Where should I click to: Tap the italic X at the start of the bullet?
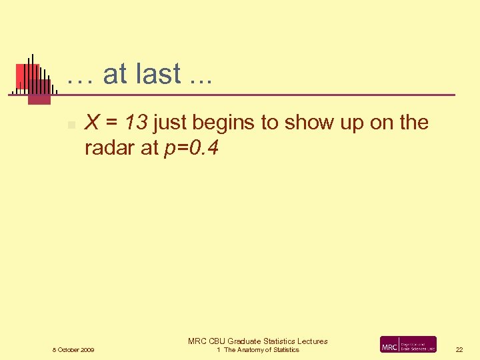[x=93, y=123]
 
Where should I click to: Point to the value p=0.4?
[x=191, y=149]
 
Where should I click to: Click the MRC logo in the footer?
[x=408, y=344]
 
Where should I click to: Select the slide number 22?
[x=459, y=350]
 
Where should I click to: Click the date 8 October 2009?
[x=73, y=350]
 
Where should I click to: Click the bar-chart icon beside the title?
[x=31, y=79]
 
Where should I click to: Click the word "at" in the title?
[x=115, y=74]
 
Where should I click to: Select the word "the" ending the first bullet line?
[x=413, y=123]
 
